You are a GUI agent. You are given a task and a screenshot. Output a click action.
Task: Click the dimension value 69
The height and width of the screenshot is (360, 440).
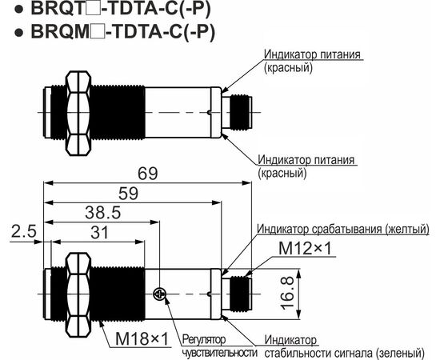pyautogui.click(x=148, y=174)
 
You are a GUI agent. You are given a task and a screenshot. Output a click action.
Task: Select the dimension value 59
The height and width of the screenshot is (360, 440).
pyautogui.click(x=128, y=194)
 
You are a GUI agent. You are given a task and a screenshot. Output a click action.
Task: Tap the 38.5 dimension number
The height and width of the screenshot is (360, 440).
pyautogui.click(x=103, y=213)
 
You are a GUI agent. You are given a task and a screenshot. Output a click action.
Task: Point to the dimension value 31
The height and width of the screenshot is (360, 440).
pyautogui.click(x=100, y=233)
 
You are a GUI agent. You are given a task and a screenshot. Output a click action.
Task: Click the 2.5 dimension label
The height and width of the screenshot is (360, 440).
pyautogui.click(x=24, y=232)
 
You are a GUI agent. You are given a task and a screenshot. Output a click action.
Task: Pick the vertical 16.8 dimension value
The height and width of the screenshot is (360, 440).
pyautogui.click(x=287, y=294)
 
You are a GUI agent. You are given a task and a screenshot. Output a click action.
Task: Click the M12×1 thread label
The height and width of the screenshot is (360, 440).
pyautogui.click(x=305, y=248)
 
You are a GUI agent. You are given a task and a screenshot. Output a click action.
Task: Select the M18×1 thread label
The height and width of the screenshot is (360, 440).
pyautogui.click(x=142, y=338)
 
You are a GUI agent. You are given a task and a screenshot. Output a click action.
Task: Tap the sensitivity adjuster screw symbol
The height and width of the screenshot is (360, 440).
pyautogui.click(x=160, y=294)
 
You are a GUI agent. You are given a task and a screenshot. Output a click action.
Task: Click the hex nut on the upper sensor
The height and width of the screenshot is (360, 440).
pyautogui.click(x=78, y=113)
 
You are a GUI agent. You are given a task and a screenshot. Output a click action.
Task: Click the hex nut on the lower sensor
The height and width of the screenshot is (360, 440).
pyautogui.click(x=78, y=294)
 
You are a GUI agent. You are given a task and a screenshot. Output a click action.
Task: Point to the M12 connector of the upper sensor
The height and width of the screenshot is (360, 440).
pyautogui.click(x=237, y=113)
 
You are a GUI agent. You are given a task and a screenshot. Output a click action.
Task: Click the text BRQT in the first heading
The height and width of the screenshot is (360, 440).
pyautogui.click(x=58, y=9)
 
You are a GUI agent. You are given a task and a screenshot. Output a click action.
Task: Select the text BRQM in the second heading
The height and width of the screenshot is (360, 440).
pyautogui.click(x=60, y=31)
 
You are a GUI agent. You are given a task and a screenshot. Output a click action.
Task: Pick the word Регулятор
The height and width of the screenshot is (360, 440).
pyautogui.click(x=204, y=339)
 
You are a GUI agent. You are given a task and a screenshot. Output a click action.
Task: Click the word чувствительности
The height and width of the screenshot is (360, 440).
pyautogui.click(x=219, y=353)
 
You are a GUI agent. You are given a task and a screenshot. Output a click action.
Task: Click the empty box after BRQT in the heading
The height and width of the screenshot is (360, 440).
pyautogui.click(x=90, y=10)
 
